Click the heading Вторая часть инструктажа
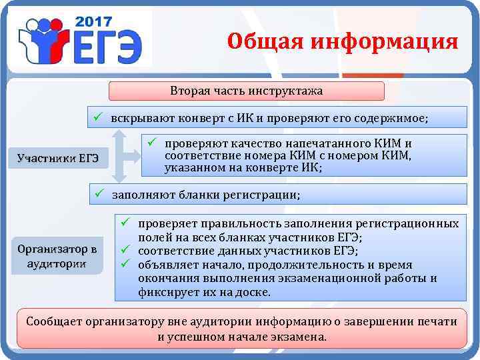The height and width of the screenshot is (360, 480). tap(246, 91)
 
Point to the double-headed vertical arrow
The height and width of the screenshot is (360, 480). tap(119, 155)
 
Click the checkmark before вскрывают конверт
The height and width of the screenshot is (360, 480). tap(97, 116)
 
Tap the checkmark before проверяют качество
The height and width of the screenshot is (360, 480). tap(151, 142)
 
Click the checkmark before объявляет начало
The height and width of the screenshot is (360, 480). tap(124, 265)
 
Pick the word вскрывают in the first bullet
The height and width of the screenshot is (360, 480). tap(141, 117)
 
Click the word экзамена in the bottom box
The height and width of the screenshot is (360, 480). tap(303, 337)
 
